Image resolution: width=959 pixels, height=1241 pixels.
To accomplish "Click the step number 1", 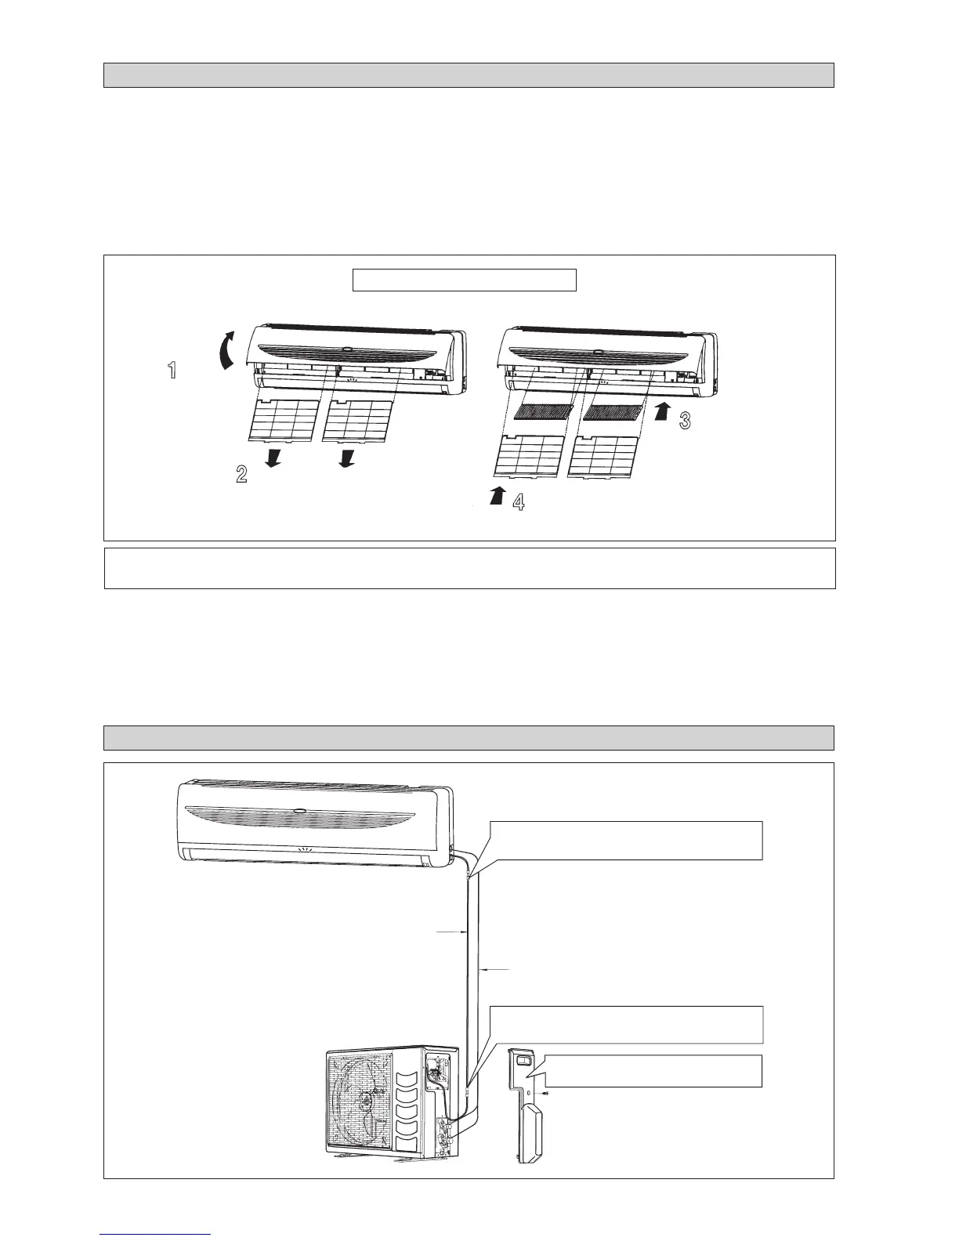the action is tap(172, 371).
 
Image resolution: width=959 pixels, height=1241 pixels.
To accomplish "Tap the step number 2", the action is tap(242, 473).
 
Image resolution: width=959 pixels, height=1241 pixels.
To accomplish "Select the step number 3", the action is tap(685, 421).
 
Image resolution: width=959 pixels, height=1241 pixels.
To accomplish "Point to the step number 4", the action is tap(518, 502).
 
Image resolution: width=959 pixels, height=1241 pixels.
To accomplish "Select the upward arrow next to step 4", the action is tap(495, 495).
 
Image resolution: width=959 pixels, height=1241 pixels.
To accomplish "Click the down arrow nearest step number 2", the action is tap(274, 458).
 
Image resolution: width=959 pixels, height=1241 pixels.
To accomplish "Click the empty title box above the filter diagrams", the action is tap(464, 280).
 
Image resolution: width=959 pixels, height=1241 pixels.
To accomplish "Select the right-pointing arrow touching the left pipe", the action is tap(453, 932).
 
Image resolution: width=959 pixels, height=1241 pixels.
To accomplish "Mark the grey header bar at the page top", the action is tap(469, 75).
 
